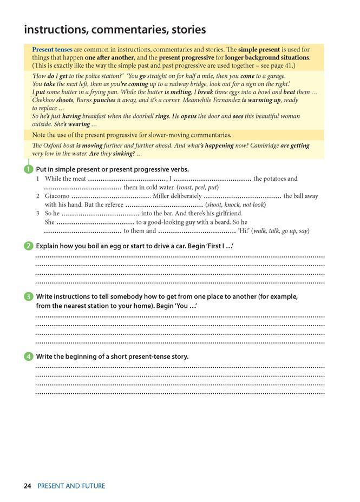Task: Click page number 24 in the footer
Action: [28, 486]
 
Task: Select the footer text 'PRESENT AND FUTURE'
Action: [71, 486]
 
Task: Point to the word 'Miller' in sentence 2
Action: [163, 196]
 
